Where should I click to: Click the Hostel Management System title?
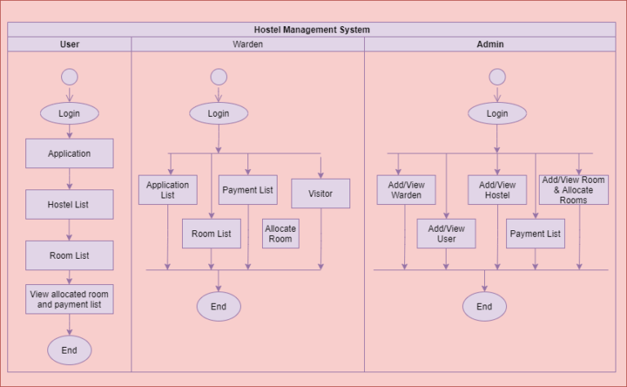(x=312, y=29)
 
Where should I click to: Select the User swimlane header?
(x=69, y=44)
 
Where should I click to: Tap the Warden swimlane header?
(x=247, y=44)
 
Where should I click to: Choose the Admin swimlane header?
(x=490, y=44)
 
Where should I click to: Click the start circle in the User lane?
(x=69, y=77)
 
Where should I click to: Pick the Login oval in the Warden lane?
(x=218, y=113)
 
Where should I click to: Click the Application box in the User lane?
(x=69, y=153)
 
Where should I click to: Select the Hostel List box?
(x=69, y=204)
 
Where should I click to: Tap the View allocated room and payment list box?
(x=69, y=299)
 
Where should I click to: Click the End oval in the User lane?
(x=69, y=350)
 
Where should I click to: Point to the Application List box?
(x=167, y=190)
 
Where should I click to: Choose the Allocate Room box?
(x=280, y=234)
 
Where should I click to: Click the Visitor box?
(x=321, y=193)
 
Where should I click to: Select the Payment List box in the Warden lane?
(x=248, y=190)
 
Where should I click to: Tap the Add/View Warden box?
(x=406, y=190)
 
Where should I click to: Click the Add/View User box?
(x=447, y=234)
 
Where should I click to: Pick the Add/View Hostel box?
(x=497, y=190)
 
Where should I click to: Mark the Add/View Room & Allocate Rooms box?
(x=573, y=189)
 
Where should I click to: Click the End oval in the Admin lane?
(x=484, y=307)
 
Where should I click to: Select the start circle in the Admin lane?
(x=497, y=77)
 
